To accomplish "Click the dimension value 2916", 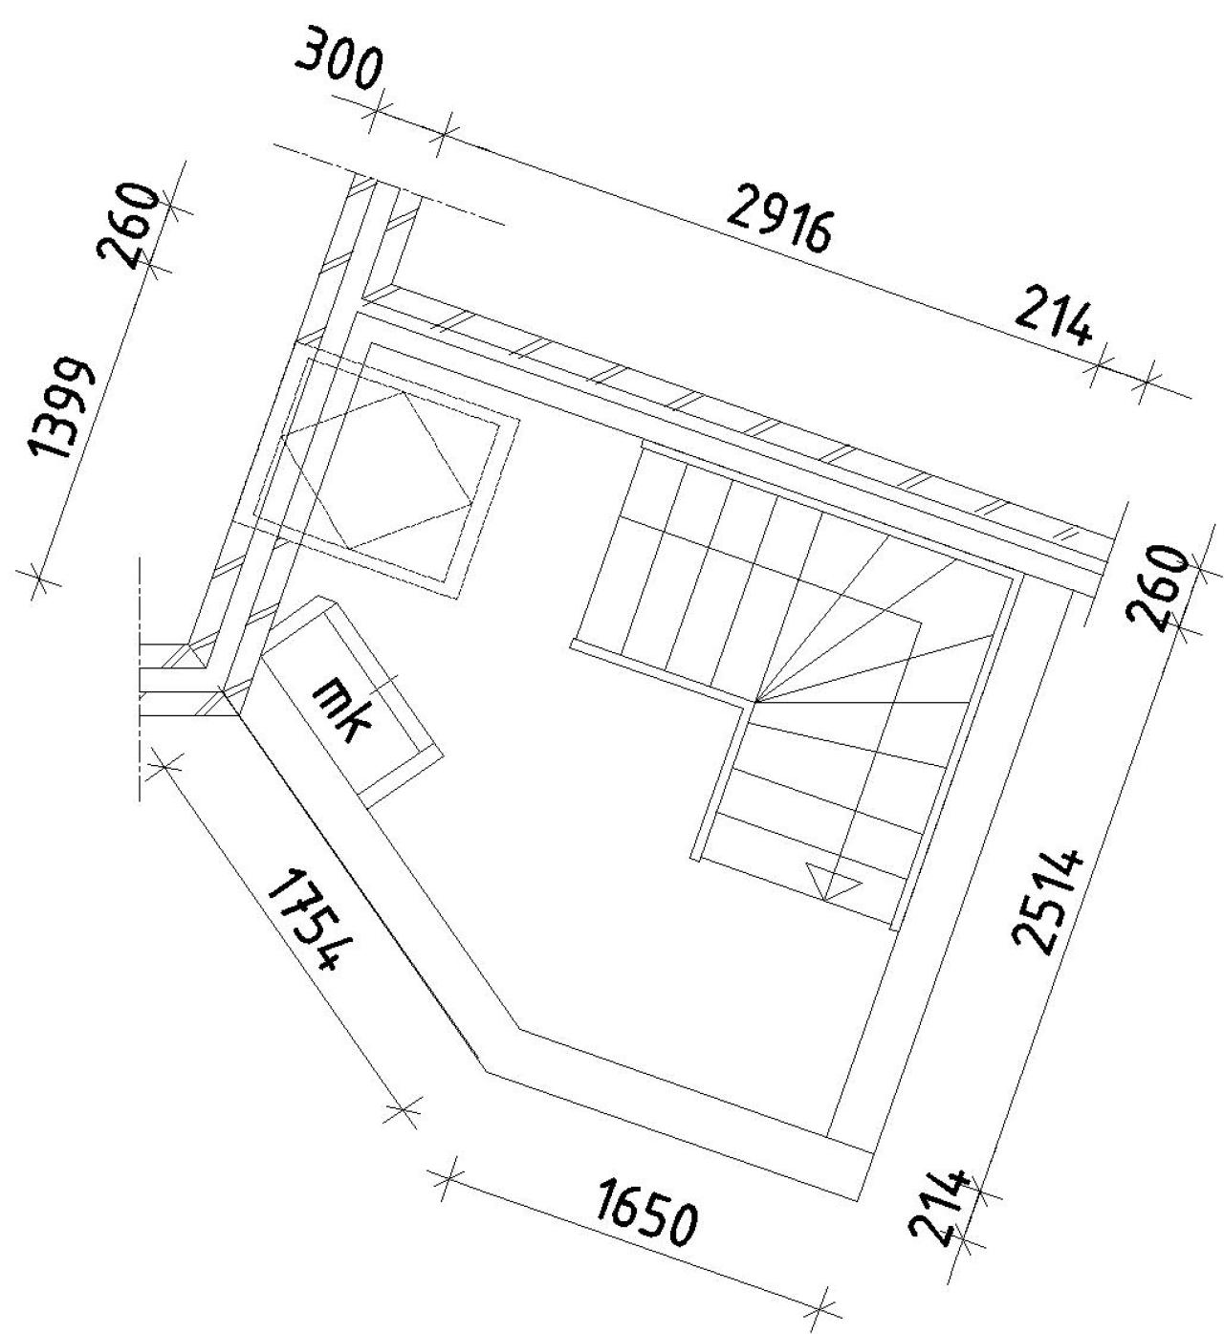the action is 779,220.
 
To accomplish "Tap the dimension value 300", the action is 340,65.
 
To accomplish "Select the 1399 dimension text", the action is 61,409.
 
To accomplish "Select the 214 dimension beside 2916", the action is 1053,322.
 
